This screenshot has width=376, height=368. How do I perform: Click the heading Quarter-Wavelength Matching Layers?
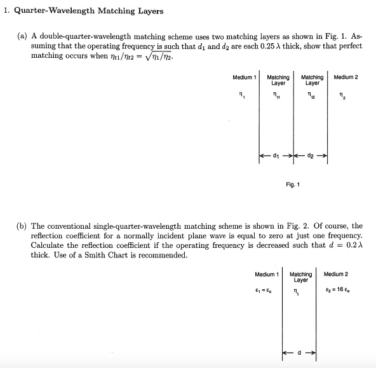coord(89,11)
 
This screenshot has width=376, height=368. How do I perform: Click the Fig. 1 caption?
coord(293,185)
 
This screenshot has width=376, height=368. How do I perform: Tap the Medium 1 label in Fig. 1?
coord(244,78)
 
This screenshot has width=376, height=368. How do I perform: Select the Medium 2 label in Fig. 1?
coord(346,78)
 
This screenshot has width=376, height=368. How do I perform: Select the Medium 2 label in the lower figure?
coord(336,275)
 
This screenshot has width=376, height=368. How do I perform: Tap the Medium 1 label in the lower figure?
coord(267,275)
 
